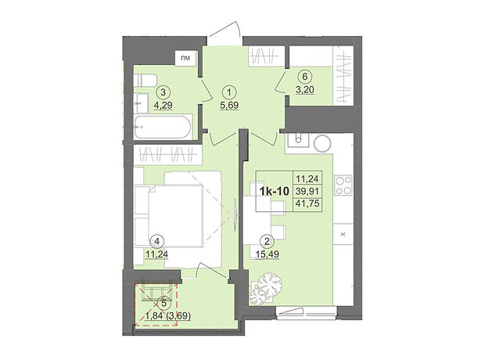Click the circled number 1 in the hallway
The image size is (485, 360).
(x=229, y=92)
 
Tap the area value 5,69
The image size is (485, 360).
(x=229, y=106)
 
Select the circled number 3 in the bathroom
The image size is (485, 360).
(x=163, y=92)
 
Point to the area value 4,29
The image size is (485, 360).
(x=163, y=105)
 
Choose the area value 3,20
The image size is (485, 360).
(x=305, y=90)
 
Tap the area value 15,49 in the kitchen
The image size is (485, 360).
(x=268, y=254)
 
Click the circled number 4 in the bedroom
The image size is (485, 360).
(x=156, y=241)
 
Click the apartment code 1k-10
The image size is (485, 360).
(x=275, y=192)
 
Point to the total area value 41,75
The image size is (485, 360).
(x=307, y=203)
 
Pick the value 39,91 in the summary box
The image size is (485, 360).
(x=307, y=191)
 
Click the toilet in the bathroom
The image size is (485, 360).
(x=145, y=80)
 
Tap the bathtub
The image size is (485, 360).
(x=163, y=128)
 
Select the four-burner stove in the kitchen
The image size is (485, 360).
(x=343, y=185)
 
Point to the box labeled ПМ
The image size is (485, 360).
(x=185, y=58)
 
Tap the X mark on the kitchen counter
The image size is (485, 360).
(x=343, y=234)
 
